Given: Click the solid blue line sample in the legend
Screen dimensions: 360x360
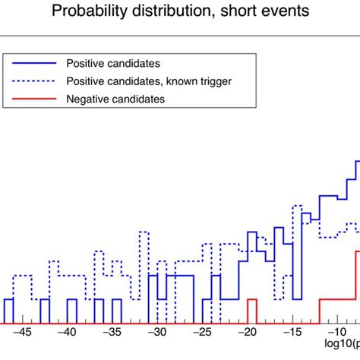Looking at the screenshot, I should [x=33, y=63].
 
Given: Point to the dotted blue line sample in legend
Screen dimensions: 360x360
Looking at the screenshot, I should [x=33, y=81].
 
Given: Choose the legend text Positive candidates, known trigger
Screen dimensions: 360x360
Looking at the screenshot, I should [x=139, y=81].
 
